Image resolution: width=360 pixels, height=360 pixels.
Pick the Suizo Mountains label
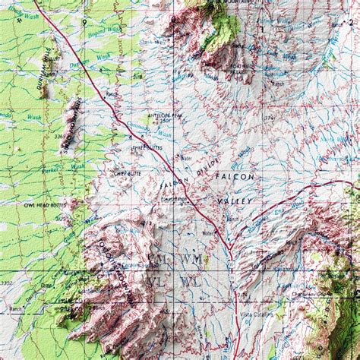tap(73, 129)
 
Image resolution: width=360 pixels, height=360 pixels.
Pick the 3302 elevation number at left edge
tap(9, 282)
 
